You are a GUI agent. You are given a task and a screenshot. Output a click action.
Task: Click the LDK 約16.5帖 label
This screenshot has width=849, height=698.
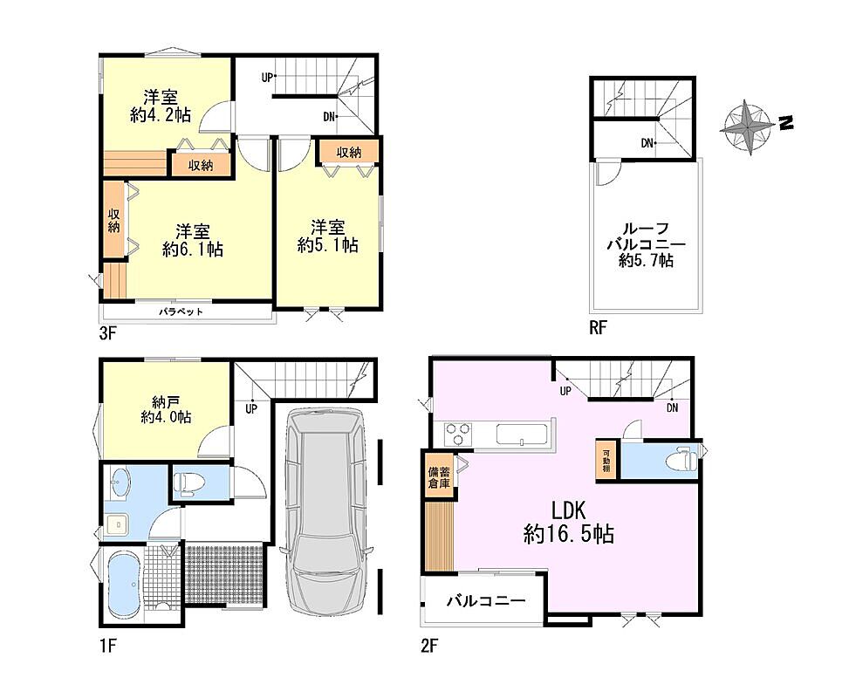tap(569, 522)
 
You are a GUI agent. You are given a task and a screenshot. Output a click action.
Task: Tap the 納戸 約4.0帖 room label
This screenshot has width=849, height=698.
tap(166, 409)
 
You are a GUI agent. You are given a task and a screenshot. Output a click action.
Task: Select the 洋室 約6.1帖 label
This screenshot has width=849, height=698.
tap(193, 241)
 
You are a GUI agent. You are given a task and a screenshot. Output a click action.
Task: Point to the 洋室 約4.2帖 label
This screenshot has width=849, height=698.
tap(161, 106)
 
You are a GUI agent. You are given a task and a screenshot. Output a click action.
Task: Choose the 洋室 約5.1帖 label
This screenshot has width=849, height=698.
tap(327, 236)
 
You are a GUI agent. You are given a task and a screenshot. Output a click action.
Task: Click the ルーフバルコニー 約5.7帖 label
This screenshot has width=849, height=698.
tap(646, 245)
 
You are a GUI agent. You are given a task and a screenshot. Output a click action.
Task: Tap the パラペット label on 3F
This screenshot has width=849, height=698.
tap(181, 311)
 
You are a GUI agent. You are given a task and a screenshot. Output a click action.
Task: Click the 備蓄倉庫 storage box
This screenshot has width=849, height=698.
tap(439, 476)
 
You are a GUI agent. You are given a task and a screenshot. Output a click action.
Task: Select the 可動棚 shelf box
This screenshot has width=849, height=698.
tap(606, 460)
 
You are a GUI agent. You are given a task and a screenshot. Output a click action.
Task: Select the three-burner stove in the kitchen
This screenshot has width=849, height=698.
tap(458, 435)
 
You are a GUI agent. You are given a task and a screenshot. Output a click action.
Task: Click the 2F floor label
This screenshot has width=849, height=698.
tap(428, 646)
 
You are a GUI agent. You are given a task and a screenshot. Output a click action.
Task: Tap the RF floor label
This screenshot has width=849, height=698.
tap(598, 327)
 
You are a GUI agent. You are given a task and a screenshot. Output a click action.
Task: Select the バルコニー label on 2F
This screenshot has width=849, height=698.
tap(486, 601)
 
